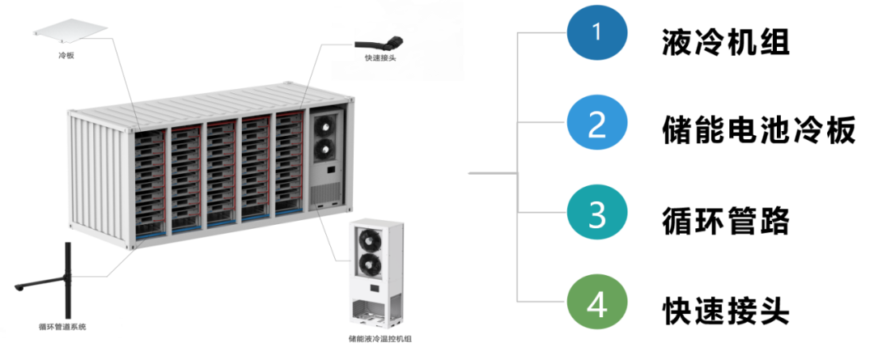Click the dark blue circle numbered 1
596,33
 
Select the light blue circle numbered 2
596,124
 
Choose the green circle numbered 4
596,304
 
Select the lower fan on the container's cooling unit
323,149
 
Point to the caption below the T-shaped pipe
62,327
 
